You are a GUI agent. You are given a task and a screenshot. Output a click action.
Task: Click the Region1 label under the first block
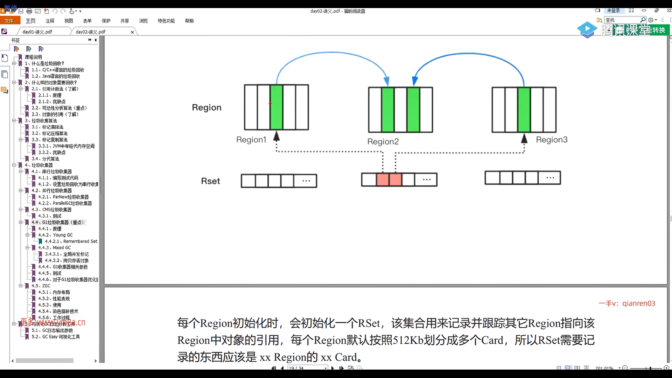coord(251,140)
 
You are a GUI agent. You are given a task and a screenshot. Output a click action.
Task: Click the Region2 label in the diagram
coord(383,141)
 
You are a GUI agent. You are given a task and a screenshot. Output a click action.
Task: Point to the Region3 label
coord(552,140)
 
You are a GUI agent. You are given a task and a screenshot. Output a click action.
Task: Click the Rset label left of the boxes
coord(210,181)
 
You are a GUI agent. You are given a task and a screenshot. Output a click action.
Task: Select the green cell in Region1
coord(276,107)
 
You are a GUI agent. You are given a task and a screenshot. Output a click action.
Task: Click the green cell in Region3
coord(524,110)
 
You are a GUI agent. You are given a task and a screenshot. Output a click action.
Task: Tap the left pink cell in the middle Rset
coord(383,180)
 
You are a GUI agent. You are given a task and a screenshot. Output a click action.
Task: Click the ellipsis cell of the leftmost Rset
coord(306,181)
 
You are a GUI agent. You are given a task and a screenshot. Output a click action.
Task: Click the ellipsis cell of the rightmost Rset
coord(550,178)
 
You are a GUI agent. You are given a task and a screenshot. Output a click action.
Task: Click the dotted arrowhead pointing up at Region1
coord(276,136)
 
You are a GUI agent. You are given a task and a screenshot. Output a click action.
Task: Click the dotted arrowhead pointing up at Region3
coord(524,139)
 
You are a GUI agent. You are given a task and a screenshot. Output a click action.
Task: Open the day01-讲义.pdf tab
coord(37,32)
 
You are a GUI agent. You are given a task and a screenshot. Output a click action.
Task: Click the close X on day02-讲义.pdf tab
coord(132,32)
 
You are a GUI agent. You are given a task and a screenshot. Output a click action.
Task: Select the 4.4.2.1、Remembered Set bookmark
coord(71,241)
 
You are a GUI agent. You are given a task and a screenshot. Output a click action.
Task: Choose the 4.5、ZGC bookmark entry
coord(41,286)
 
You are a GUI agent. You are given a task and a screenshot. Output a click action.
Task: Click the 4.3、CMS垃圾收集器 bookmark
coord(51,210)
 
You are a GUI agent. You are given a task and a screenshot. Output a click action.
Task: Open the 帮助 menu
coord(189,21)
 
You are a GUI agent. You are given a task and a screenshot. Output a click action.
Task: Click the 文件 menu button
coord(9,21)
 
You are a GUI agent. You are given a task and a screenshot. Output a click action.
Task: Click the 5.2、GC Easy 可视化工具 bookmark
coord(56,337)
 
